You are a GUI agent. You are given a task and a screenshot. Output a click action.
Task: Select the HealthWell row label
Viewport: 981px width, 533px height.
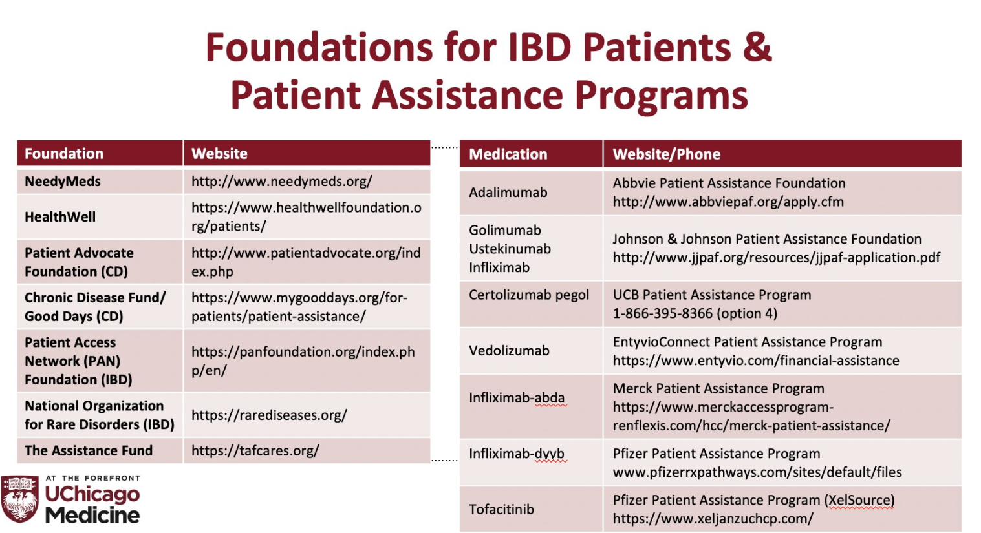coord(60,217)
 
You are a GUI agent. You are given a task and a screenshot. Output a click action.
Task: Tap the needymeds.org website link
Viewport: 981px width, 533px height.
coord(281,182)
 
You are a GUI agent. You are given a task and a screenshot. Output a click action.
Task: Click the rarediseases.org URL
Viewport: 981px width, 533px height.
coord(269,415)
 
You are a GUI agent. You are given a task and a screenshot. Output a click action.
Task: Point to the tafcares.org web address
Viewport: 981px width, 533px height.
coord(255,451)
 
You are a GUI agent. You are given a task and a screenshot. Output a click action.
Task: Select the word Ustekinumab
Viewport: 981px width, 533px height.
coord(510,249)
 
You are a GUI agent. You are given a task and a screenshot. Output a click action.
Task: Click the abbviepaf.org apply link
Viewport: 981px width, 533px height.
coord(728,202)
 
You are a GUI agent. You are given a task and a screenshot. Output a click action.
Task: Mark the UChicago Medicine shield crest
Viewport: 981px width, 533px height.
coord(19,499)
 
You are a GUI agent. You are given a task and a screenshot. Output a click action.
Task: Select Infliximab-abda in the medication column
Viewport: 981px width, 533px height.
coord(517,398)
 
